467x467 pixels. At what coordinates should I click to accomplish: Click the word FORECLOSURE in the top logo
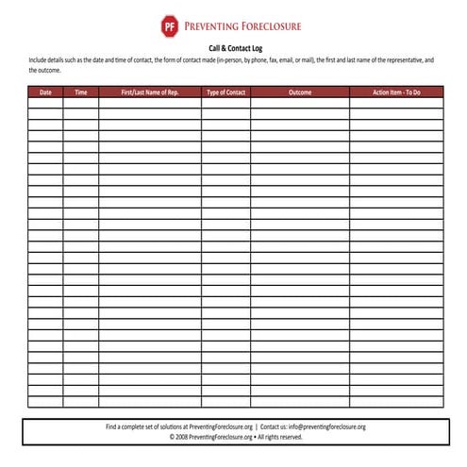click(268, 25)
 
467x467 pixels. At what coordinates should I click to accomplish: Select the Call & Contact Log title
click(236, 47)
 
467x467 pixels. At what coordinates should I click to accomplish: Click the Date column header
click(45, 92)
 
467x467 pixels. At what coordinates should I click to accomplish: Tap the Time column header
click(81, 92)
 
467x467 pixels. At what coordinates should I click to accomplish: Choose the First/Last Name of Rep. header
click(150, 92)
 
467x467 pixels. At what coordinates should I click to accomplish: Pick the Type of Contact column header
click(225, 92)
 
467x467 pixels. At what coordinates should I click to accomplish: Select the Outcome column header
click(300, 92)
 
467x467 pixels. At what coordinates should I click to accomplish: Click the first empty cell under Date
click(45, 103)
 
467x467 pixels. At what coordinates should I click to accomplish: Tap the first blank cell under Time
click(81, 103)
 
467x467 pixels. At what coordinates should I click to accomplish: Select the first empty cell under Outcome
click(300, 103)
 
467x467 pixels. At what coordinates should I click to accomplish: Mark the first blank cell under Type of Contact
click(225, 103)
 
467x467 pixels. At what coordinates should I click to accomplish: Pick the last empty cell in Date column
click(45, 402)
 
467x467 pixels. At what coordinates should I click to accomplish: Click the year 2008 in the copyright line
click(180, 437)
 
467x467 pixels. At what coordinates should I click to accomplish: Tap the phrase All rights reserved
click(281, 437)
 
